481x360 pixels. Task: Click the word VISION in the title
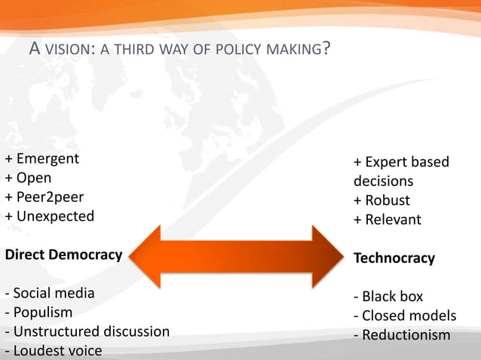(67, 50)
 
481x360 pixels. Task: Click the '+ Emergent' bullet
(42, 159)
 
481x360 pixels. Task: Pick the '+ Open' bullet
(29, 178)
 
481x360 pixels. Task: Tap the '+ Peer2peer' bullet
(44, 197)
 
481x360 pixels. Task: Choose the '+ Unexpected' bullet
(50, 216)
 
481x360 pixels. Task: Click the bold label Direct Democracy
(63, 255)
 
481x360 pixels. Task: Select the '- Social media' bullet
(50, 293)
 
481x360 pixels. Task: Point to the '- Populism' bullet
(39, 312)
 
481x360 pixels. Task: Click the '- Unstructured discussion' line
(87, 331)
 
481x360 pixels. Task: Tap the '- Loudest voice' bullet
(53, 350)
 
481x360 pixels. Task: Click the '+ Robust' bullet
(382, 200)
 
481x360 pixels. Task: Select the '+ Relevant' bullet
(388, 220)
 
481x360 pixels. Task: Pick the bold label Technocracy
(394, 258)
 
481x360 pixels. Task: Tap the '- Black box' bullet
(389, 296)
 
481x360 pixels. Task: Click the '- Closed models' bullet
(405, 316)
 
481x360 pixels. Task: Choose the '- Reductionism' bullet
(402, 335)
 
